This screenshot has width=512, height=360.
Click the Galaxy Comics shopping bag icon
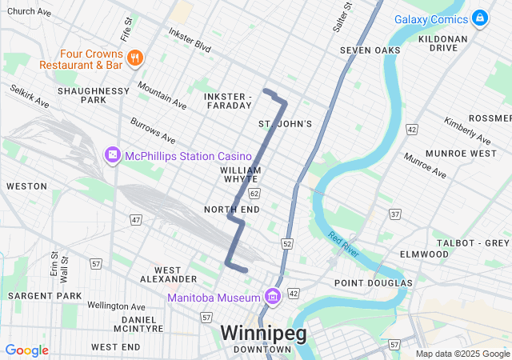click(x=479, y=18)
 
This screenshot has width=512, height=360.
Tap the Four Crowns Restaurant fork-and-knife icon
click(x=134, y=58)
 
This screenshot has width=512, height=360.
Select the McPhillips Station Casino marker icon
click(x=112, y=154)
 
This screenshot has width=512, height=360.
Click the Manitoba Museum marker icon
click(x=273, y=298)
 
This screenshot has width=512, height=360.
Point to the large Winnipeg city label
click(x=263, y=333)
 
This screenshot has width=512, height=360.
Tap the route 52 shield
click(x=287, y=242)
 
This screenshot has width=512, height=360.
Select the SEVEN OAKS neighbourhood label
click(x=370, y=50)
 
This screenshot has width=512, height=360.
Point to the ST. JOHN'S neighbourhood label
click(x=285, y=124)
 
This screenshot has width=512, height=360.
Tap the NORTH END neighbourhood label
click(x=232, y=209)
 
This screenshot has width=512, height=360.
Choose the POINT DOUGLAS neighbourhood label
click(x=374, y=283)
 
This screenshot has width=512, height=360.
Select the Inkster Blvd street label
click(x=190, y=40)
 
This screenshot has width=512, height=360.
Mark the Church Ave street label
click(x=29, y=12)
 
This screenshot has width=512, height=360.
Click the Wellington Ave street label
click(x=116, y=306)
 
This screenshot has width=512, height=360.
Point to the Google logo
click(x=27, y=350)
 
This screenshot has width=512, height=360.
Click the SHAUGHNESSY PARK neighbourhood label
click(x=94, y=95)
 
